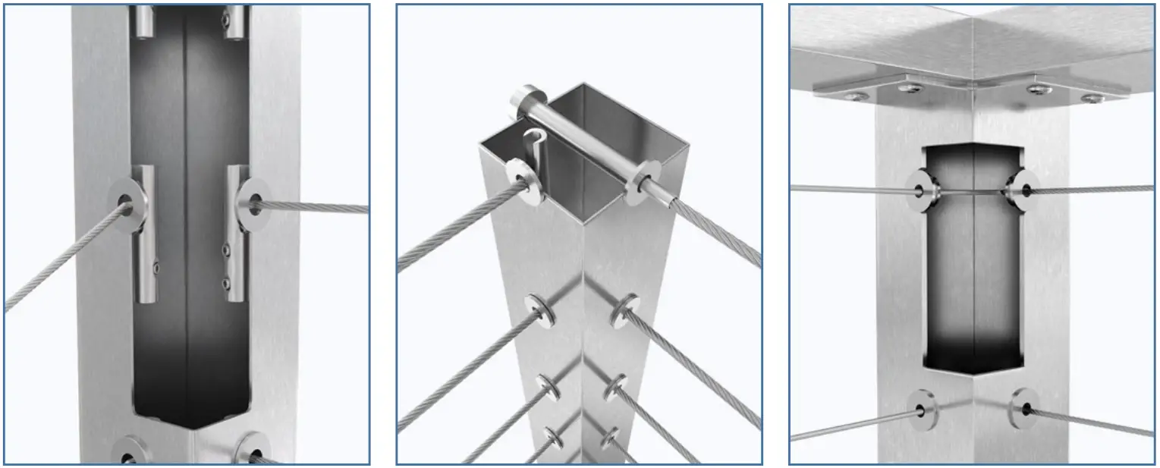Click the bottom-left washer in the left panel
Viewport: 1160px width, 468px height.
130,453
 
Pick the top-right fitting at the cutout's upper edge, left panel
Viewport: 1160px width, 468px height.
235,22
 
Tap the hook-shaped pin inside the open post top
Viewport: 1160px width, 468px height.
535,148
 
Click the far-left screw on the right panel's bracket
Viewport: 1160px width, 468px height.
855,96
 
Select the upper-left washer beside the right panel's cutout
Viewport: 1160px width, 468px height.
921,190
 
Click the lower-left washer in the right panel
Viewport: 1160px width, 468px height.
923,410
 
